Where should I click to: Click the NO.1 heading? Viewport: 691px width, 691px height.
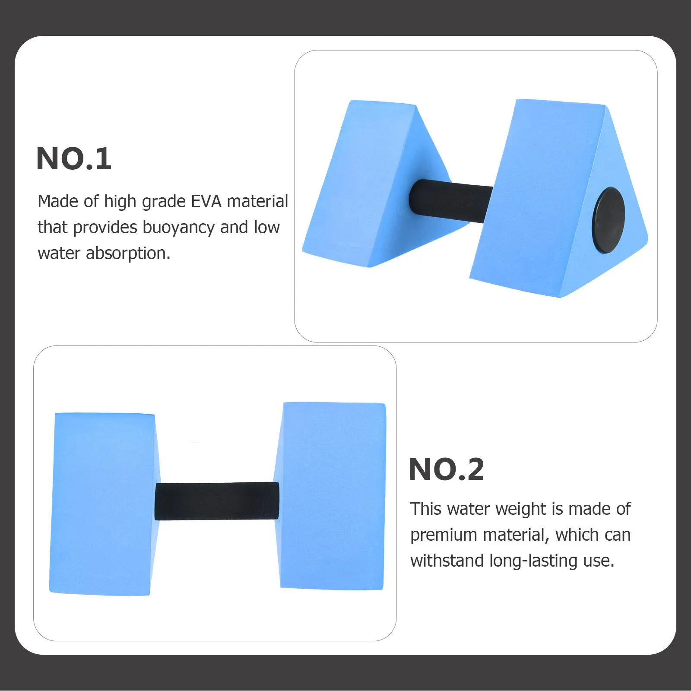(x=74, y=158)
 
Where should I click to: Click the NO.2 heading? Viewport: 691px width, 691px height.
(x=446, y=469)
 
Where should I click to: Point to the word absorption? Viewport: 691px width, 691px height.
(x=128, y=253)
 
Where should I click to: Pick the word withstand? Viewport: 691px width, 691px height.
(x=447, y=561)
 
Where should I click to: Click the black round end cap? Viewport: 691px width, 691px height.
(x=608, y=220)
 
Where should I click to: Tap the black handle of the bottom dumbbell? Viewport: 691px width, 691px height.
(x=217, y=501)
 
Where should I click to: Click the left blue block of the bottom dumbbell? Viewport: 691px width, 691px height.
(x=105, y=504)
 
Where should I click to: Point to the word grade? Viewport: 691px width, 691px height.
(x=164, y=202)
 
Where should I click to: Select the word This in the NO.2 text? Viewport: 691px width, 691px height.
(x=426, y=509)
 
